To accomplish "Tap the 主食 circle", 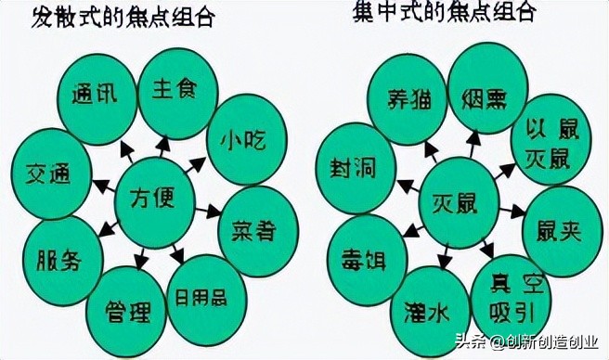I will click(176, 91).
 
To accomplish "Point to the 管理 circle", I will click(125, 307).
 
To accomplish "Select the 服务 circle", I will click(61, 259).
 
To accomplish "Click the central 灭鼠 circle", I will click(455, 199).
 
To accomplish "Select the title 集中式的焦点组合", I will click(445, 12).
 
